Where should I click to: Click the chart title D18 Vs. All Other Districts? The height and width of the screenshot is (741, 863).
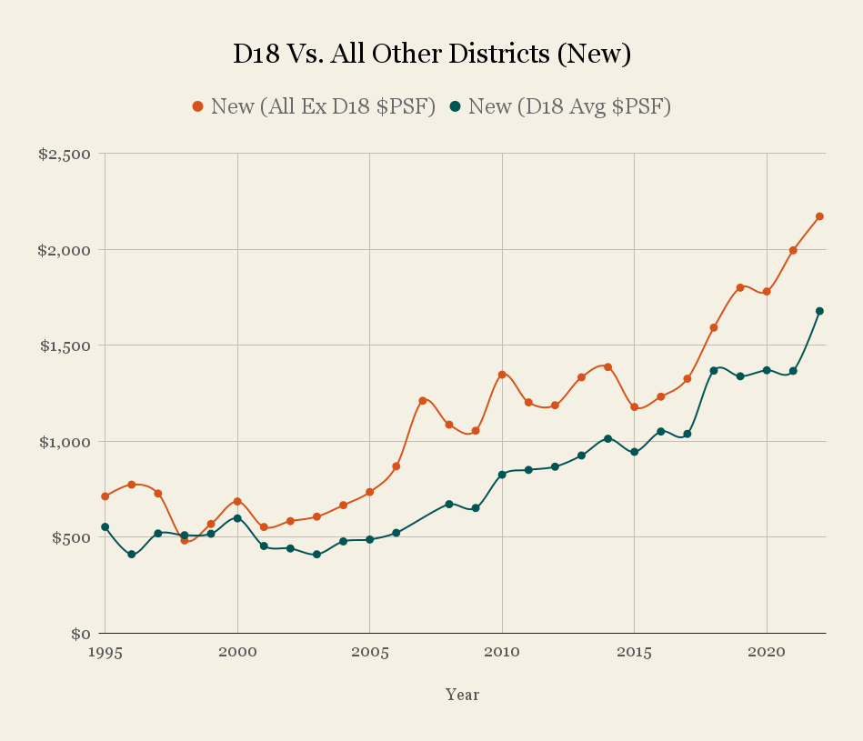click(431, 55)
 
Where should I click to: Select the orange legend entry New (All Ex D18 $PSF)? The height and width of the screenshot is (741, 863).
click(313, 106)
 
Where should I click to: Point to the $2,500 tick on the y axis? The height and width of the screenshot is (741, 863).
click(65, 154)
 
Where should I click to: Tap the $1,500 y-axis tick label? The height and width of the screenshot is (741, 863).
click(65, 345)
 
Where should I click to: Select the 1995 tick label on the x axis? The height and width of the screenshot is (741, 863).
click(105, 653)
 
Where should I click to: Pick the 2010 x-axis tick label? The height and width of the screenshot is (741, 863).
click(502, 653)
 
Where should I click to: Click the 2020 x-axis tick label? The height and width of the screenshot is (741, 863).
click(767, 653)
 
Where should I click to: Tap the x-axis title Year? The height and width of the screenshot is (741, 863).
click(462, 695)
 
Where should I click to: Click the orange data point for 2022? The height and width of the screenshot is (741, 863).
click(819, 216)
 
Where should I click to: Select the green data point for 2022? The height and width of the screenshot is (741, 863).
click(819, 311)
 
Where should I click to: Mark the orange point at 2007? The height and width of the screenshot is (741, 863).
click(423, 400)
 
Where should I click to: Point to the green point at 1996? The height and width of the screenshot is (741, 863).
click(132, 554)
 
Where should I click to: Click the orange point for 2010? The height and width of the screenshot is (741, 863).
click(502, 375)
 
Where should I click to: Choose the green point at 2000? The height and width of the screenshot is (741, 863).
click(237, 518)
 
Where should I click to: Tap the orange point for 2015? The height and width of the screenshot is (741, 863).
click(634, 406)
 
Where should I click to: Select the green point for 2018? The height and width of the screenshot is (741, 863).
click(714, 370)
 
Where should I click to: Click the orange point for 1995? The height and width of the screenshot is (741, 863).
click(105, 496)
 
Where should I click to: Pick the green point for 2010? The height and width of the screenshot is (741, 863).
click(502, 475)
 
